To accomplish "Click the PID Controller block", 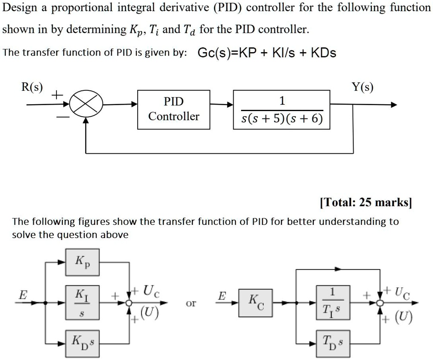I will (x=173, y=109).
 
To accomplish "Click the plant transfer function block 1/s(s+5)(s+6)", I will (x=281, y=109).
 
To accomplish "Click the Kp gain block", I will (x=82, y=262).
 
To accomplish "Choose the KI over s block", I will (x=82, y=302).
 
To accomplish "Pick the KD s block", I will (x=82, y=343).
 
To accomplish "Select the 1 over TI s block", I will (x=332, y=302).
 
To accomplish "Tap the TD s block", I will (x=332, y=343).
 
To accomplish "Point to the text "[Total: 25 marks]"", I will (x=366, y=202).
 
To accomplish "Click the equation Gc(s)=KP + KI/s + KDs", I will (x=267, y=53).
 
